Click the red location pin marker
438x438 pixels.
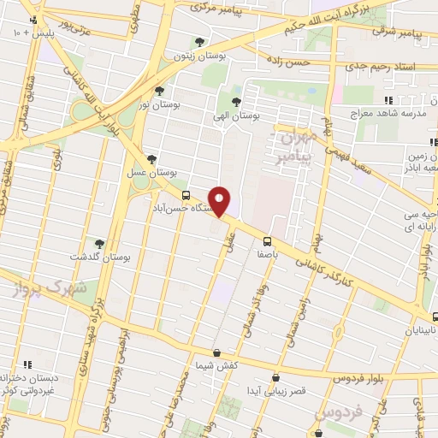click(x=221, y=202)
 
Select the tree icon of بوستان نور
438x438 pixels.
click(x=159, y=90)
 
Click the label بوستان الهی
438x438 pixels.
click(x=235, y=115)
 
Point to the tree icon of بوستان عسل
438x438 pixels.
click(x=151, y=159)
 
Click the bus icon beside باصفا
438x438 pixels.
click(x=266, y=240)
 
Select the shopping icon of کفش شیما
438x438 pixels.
click(x=216, y=352)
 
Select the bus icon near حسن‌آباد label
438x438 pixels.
click(x=163, y=195)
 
